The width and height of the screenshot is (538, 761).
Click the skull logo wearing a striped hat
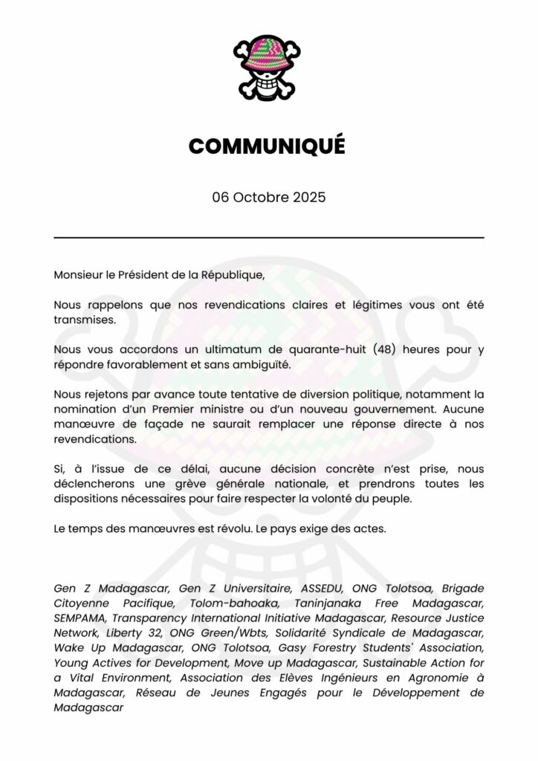coord(268,68)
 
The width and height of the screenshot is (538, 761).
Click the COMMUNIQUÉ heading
coord(268,146)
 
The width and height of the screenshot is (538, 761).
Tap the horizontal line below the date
coord(268,238)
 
